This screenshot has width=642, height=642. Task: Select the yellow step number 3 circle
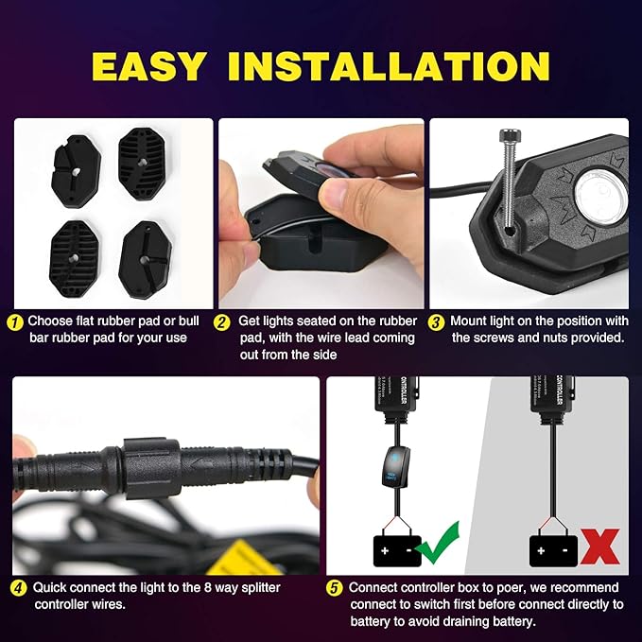click(436, 321)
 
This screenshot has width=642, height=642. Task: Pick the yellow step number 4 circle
click(18, 587)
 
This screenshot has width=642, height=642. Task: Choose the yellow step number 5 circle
click(334, 587)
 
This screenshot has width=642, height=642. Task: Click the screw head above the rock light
click(504, 138)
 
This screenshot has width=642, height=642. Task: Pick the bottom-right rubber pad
click(143, 253)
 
